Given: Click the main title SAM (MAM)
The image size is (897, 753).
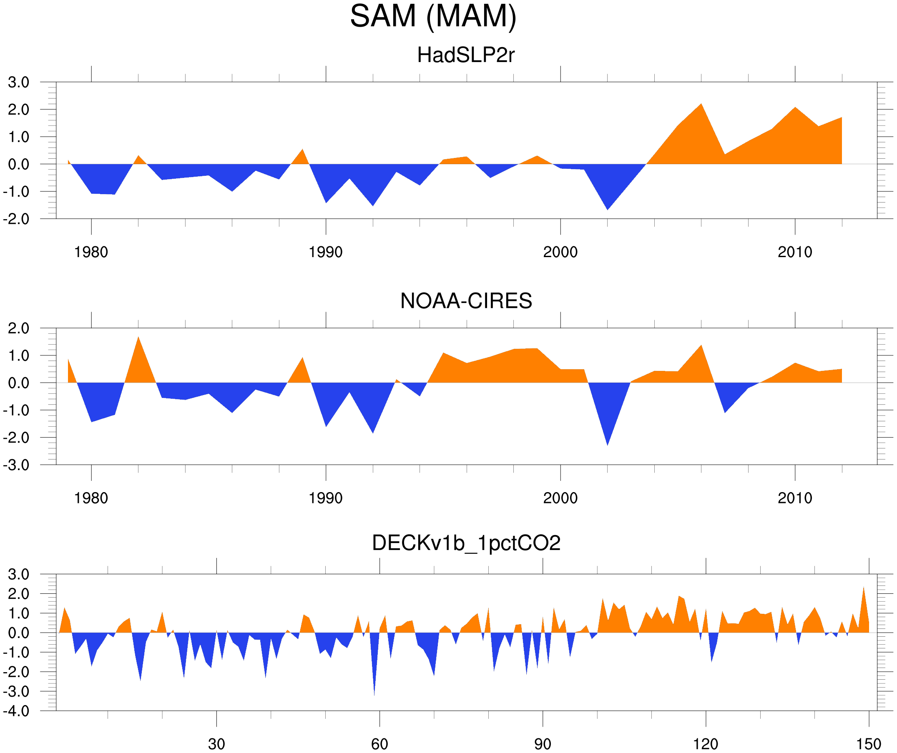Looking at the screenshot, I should (x=433, y=16).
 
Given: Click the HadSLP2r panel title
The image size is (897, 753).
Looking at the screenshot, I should (x=465, y=55).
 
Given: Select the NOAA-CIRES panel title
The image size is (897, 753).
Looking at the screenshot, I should (x=465, y=301).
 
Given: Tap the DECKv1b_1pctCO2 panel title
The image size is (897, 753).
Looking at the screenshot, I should (x=465, y=543).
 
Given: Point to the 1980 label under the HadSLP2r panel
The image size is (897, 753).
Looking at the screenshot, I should (x=91, y=252).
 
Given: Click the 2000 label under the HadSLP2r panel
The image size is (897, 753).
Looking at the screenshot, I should (x=560, y=252).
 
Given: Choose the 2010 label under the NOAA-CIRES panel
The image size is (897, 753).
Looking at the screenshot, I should (x=794, y=498).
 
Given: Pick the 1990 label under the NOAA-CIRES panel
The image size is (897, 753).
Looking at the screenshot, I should (x=326, y=498).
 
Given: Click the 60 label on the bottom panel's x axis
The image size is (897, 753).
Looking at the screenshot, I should (x=379, y=744).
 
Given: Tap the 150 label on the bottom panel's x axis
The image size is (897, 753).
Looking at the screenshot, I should (x=868, y=744).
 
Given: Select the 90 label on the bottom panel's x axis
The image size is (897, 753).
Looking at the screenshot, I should (x=543, y=744).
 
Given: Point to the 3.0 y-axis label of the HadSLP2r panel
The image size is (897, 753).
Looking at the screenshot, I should (x=19, y=83).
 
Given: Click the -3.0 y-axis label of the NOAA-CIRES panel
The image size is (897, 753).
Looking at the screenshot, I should (x=16, y=465).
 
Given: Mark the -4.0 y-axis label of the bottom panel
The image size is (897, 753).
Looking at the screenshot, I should (x=16, y=711).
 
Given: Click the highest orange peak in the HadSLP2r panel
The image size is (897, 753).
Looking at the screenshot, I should (x=701, y=105).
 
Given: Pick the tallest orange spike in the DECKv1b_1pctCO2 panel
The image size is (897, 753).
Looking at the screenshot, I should (x=863, y=589).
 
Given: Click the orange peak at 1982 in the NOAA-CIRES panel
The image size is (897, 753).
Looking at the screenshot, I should (x=138, y=338).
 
